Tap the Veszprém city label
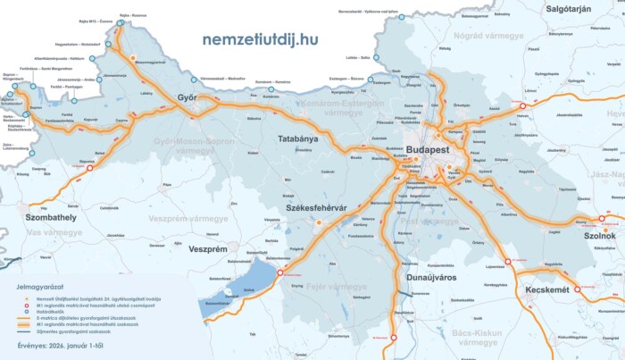(210, 248)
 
